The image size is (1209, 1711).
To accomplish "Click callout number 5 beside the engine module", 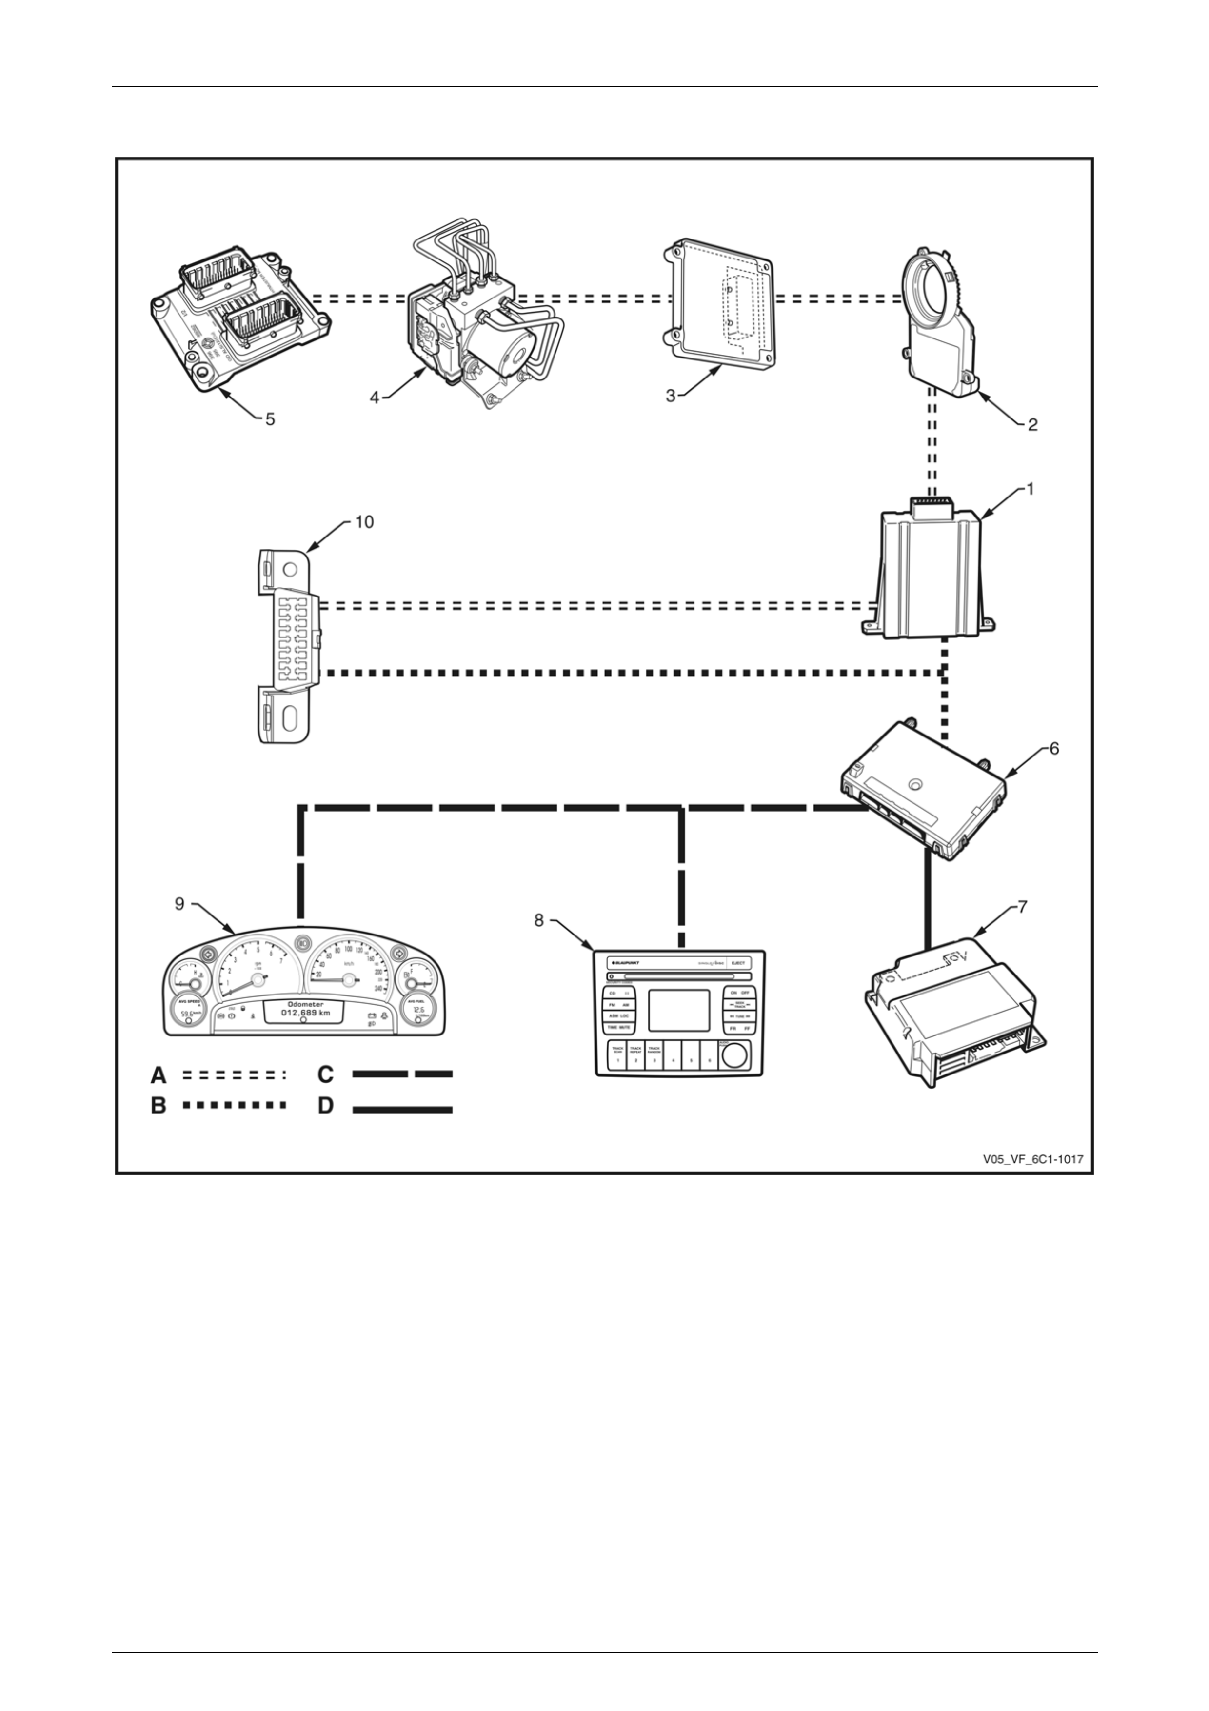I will point(270,419).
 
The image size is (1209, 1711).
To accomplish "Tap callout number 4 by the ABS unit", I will point(375,398).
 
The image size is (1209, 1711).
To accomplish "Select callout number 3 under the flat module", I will point(671,397).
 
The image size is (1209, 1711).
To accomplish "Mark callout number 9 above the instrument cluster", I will point(179,904).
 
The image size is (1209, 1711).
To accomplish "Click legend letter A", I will point(159,1075).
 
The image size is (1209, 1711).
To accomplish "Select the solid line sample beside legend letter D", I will point(402,1110).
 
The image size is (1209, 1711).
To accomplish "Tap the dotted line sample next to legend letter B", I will point(234,1105).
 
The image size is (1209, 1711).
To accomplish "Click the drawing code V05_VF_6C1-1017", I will point(1032,1159).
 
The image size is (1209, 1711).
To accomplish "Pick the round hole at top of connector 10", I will point(290,570).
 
